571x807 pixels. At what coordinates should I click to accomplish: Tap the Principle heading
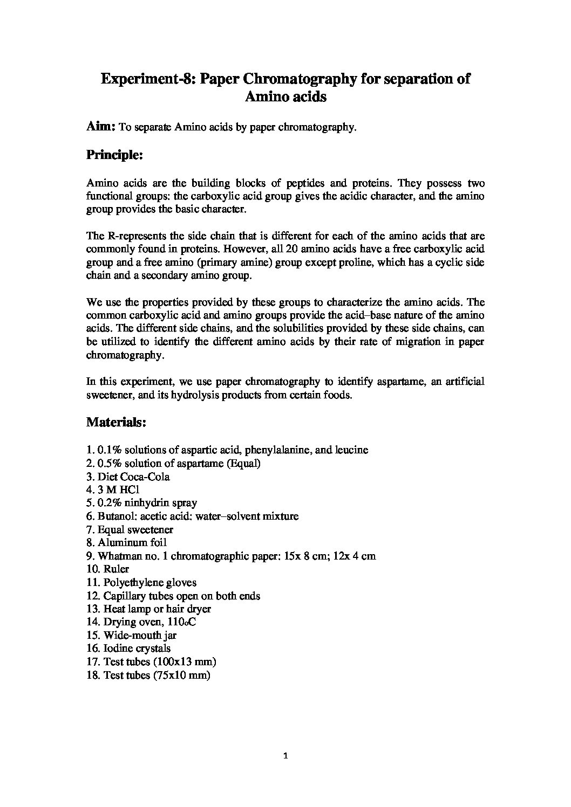click(114, 155)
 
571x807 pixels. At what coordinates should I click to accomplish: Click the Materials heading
click(116, 422)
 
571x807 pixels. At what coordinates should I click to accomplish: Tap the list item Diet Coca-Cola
click(133, 477)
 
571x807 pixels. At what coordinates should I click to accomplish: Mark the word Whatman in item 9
click(117, 556)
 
